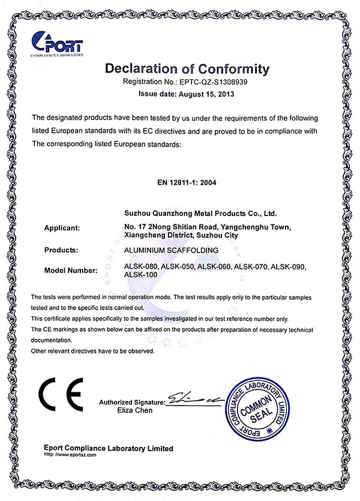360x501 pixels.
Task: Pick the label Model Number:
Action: (x=71, y=271)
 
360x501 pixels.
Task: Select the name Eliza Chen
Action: (x=136, y=410)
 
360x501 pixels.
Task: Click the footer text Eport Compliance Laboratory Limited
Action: (x=109, y=448)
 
